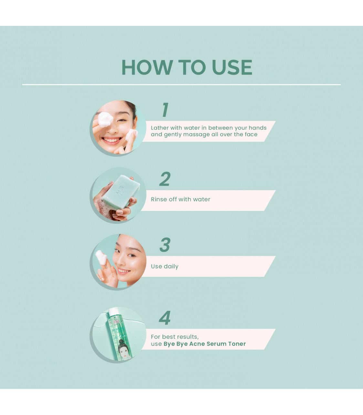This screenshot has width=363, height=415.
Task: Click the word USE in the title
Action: (x=232, y=67)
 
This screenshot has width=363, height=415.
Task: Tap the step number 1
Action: (x=165, y=109)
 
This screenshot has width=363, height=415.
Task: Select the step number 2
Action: (x=165, y=179)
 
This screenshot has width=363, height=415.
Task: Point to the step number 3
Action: (x=165, y=245)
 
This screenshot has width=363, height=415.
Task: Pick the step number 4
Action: (x=164, y=318)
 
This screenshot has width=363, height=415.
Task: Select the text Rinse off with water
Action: (x=181, y=199)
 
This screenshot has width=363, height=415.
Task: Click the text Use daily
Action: (x=165, y=266)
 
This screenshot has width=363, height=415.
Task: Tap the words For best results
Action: (x=175, y=337)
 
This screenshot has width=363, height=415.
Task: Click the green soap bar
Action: (x=121, y=192)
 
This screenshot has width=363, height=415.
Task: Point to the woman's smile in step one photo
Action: (x=112, y=140)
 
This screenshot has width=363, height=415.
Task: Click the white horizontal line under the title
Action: (x=181, y=85)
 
